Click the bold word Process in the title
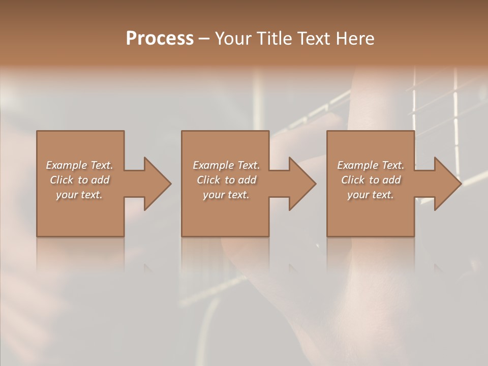(x=160, y=39)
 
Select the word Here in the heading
(x=355, y=39)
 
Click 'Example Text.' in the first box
(x=79, y=165)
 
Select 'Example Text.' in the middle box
(x=226, y=165)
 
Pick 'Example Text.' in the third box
(x=371, y=165)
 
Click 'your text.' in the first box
(x=79, y=195)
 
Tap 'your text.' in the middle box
(x=226, y=195)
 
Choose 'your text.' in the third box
(x=371, y=195)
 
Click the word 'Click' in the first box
(x=62, y=180)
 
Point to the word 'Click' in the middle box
(x=208, y=180)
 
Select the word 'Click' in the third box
(x=353, y=180)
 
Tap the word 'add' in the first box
(x=100, y=180)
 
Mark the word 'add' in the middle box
(x=247, y=180)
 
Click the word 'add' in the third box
(x=391, y=180)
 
